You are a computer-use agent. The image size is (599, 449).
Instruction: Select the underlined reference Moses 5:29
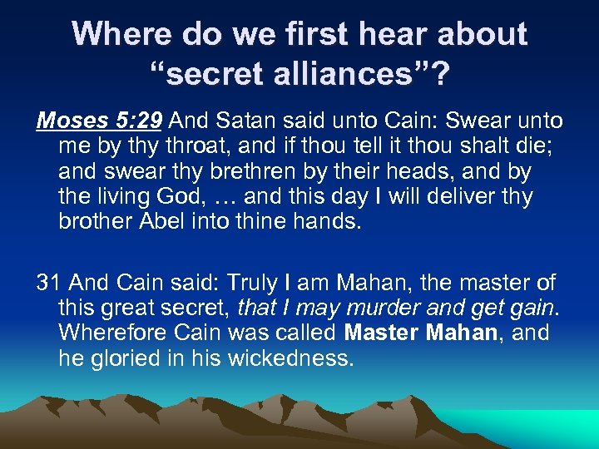coord(99,121)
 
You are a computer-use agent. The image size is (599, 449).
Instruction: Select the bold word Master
coord(382,333)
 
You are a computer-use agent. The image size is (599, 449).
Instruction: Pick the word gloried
coord(131,359)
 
